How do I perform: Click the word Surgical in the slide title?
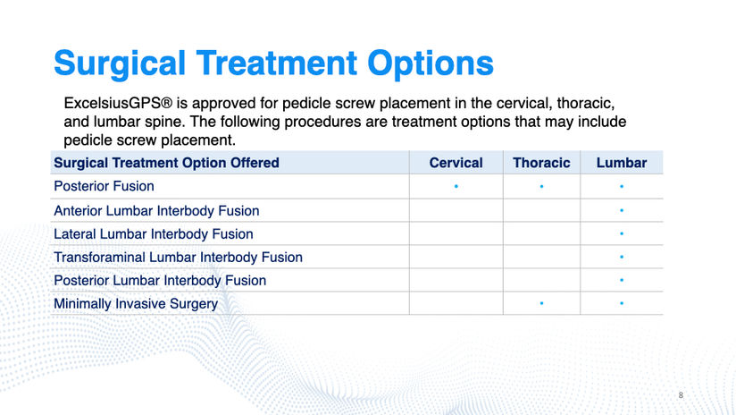click(120, 64)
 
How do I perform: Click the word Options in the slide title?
click(431, 64)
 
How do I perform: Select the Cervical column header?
click(456, 163)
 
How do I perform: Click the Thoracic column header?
click(541, 163)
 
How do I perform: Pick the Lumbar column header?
click(622, 163)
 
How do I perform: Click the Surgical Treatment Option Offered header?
click(167, 163)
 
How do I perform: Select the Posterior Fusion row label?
click(104, 186)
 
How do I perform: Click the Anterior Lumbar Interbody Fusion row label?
click(156, 210)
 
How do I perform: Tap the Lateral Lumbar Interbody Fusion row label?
click(154, 234)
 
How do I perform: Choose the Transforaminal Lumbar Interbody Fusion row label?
click(178, 257)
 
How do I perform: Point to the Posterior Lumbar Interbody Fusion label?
click(160, 281)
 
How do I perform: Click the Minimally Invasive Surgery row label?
click(136, 303)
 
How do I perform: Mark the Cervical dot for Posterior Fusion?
click(456, 187)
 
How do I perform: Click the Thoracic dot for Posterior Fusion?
click(541, 187)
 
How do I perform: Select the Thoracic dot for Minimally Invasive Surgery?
click(541, 303)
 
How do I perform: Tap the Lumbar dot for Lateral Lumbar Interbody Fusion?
click(622, 233)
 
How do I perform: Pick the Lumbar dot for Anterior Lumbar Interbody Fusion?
click(622, 210)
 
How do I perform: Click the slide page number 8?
click(681, 395)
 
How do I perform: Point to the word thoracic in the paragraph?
click(585, 103)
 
